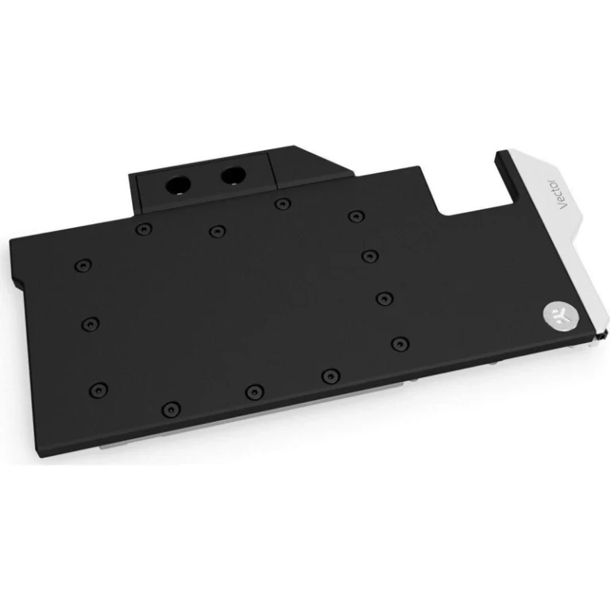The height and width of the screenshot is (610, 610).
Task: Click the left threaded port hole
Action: coord(178,185)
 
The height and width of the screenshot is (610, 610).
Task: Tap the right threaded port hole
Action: coord(233,176)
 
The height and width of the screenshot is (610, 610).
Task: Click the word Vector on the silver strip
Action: coord(563,194)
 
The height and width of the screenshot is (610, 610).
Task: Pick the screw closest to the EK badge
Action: coord(400,344)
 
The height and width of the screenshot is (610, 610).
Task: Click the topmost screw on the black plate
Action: coord(283,203)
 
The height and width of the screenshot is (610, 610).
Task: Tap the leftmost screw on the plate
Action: coord(83,265)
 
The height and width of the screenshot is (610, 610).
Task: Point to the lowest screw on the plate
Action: coord(172,408)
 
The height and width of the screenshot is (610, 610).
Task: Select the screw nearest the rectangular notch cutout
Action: coord(357,216)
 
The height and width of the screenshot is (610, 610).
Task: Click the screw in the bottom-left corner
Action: coord(98,389)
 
